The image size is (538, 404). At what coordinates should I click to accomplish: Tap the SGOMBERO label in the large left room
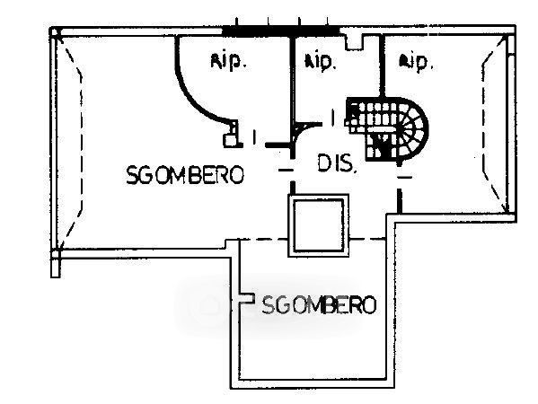click(x=185, y=175)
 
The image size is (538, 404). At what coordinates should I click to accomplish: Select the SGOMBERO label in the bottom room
click(x=319, y=305)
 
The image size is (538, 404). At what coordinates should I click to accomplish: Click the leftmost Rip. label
click(x=228, y=62)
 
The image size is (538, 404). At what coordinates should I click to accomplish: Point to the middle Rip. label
click(x=319, y=62)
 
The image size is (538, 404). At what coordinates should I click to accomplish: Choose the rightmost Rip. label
click(x=416, y=63)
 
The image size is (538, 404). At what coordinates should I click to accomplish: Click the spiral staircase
click(x=388, y=129)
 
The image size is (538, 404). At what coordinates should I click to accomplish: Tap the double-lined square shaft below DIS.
click(x=319, y=225)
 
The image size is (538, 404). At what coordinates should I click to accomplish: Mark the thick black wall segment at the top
click(x=281, y=31)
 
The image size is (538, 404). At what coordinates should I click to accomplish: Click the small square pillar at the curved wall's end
click(x=231, y=140)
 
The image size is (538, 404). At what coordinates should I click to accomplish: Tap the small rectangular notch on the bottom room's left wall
click(x=247, y=298)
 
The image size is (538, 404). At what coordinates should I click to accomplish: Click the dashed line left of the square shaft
click(x=263, y=240)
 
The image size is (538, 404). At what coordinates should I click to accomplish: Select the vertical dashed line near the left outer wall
click(x=82, y=141)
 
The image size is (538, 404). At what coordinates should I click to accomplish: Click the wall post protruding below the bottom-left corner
click(x=56, y=263)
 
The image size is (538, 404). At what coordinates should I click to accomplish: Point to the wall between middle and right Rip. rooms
click(x=382, y=66)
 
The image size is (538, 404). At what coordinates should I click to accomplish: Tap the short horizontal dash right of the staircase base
click(x=404, y=177)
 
